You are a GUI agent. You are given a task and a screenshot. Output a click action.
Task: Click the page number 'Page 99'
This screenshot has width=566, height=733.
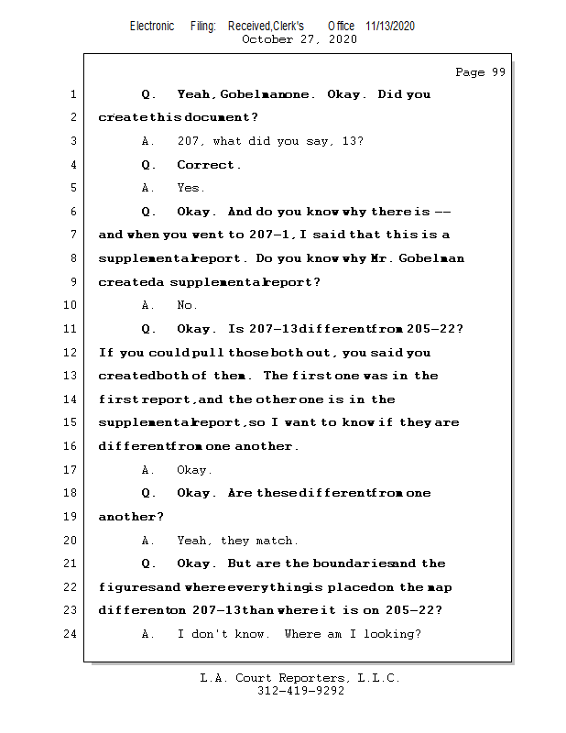tap(480, 72)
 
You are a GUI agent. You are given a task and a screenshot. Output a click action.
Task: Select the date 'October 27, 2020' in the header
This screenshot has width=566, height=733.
tap(299, 39)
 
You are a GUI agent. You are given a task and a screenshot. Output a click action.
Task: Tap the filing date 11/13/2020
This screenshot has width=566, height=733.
tap(389, 26)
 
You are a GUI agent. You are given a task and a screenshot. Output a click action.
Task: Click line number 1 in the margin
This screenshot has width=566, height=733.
tap(72, 94)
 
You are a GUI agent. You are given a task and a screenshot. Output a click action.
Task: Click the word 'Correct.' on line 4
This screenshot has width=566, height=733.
tap(209, 165)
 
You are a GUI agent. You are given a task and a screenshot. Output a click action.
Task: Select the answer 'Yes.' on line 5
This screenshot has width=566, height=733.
tap(190, 188)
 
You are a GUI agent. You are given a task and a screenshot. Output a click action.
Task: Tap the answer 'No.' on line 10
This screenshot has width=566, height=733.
tap(187, 305)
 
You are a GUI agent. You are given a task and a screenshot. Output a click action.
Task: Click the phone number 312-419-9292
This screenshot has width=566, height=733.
tap(300, 692)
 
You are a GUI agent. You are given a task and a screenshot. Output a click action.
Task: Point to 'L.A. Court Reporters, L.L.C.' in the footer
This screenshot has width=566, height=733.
tap(300, 679)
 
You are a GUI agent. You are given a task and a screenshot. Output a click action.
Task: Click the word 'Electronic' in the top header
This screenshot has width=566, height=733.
tap(152, 26)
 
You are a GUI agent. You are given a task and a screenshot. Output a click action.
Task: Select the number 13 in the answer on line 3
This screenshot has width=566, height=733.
tap(352, 141)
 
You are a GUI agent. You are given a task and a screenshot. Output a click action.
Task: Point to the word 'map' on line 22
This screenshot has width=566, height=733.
tap(440, 587)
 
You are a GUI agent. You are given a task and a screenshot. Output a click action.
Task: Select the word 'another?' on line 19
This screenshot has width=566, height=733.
tap(125, 517)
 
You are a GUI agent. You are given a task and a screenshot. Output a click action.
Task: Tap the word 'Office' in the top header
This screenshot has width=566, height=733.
tap(342, 26)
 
